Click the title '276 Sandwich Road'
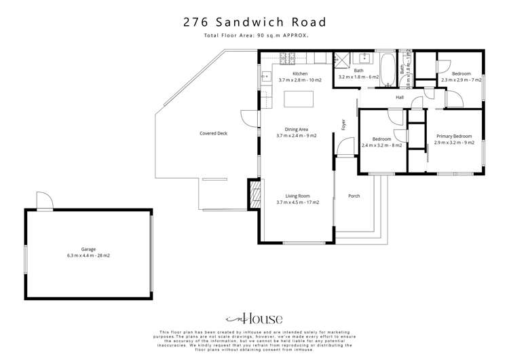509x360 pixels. [254, 22]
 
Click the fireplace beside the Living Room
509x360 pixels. [254, 194]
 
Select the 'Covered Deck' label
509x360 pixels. [213, 133]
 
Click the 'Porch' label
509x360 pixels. [354, 196]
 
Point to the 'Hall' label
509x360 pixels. [400, 97]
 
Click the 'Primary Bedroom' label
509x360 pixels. [454, 139]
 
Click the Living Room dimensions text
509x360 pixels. [297, 202]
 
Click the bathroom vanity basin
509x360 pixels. [364, 57]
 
